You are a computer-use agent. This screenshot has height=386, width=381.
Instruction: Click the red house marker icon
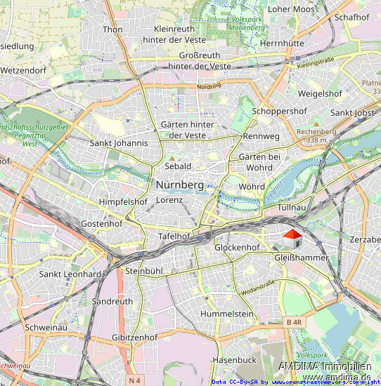pos(292,239)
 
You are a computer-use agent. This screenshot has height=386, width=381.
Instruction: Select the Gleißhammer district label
pos(300,258)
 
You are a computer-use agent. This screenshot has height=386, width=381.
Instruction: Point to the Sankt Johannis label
pos(119,143)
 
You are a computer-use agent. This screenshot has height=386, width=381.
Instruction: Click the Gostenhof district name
pos(102,223)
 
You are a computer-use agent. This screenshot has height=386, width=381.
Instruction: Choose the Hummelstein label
pos(226,314)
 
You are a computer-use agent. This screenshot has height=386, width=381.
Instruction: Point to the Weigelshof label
pos(320,93)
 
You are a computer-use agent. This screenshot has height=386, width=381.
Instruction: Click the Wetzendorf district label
pos(22,71)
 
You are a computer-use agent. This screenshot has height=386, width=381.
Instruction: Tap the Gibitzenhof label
pos(134,338)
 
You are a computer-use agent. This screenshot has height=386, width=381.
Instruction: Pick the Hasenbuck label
pos(234,359)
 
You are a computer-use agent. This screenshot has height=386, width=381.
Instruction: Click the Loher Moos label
pos(292,9)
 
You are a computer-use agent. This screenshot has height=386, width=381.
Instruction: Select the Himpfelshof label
pos(123,202)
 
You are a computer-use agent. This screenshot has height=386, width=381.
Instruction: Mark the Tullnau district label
pos(294,208)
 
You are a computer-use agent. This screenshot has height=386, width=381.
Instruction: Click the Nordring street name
pos(209,86)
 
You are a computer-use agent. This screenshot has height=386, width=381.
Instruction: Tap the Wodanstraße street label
pos(258,287)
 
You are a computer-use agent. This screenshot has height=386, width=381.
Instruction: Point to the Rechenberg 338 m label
pos(317,135)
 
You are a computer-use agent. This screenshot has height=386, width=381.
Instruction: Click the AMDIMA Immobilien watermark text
pos(324,366)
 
